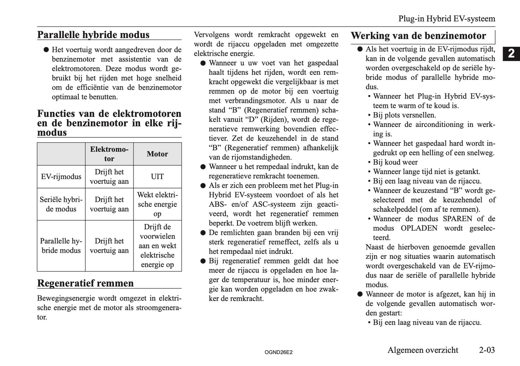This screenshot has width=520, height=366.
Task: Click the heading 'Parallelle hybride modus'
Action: click(x=93, y=35)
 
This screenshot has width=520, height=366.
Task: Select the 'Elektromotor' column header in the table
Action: click(x=109, y=154)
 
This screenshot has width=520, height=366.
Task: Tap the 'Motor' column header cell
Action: click(x=157, y=154)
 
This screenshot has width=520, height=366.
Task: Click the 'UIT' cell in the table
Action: click(x=157, y=177)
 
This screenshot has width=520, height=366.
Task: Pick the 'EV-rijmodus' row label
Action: click(x=61, y=177)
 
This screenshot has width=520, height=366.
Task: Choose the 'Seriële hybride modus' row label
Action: click(x=61, y=204)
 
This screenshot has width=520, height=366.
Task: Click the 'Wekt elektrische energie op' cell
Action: click(x=157, y=204)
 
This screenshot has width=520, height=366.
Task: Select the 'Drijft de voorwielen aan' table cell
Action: click(x=157, y=246)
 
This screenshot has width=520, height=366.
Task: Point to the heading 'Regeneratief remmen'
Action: click(x=85, y=283)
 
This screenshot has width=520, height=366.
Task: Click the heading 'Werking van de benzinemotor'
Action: click(x=418, y=36)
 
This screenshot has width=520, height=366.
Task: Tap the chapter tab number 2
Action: click(x=511, y=54)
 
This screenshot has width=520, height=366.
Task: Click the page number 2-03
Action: click(x=487, y=350)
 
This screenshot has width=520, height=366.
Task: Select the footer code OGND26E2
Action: click(x=278, y=352)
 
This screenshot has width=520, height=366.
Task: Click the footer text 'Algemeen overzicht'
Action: click(x=423, y=350)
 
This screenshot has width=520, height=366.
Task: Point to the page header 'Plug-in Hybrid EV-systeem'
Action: click(x=447, y=19)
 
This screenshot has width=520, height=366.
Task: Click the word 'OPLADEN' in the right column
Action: click(x=419, y=228)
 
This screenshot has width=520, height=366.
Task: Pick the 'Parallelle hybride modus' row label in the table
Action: click(x=61, y=246)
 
